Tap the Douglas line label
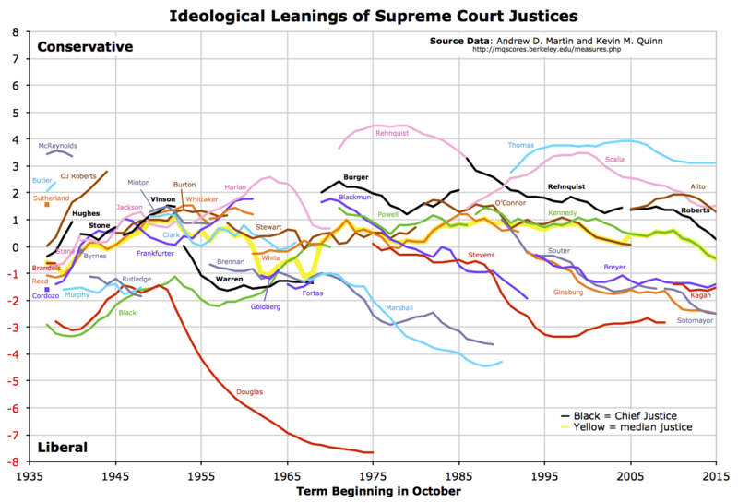click(249, 392)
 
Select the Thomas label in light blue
click(520, 145)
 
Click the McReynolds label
click(57, 145)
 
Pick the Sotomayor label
click(695, 321)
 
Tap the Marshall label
click(399, 307)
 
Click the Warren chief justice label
click(229, 278)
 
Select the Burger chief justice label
click(356, 176)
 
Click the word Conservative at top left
click(86, 47)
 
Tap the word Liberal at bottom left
click(63, 447)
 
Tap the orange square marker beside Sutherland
click(46, 205)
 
